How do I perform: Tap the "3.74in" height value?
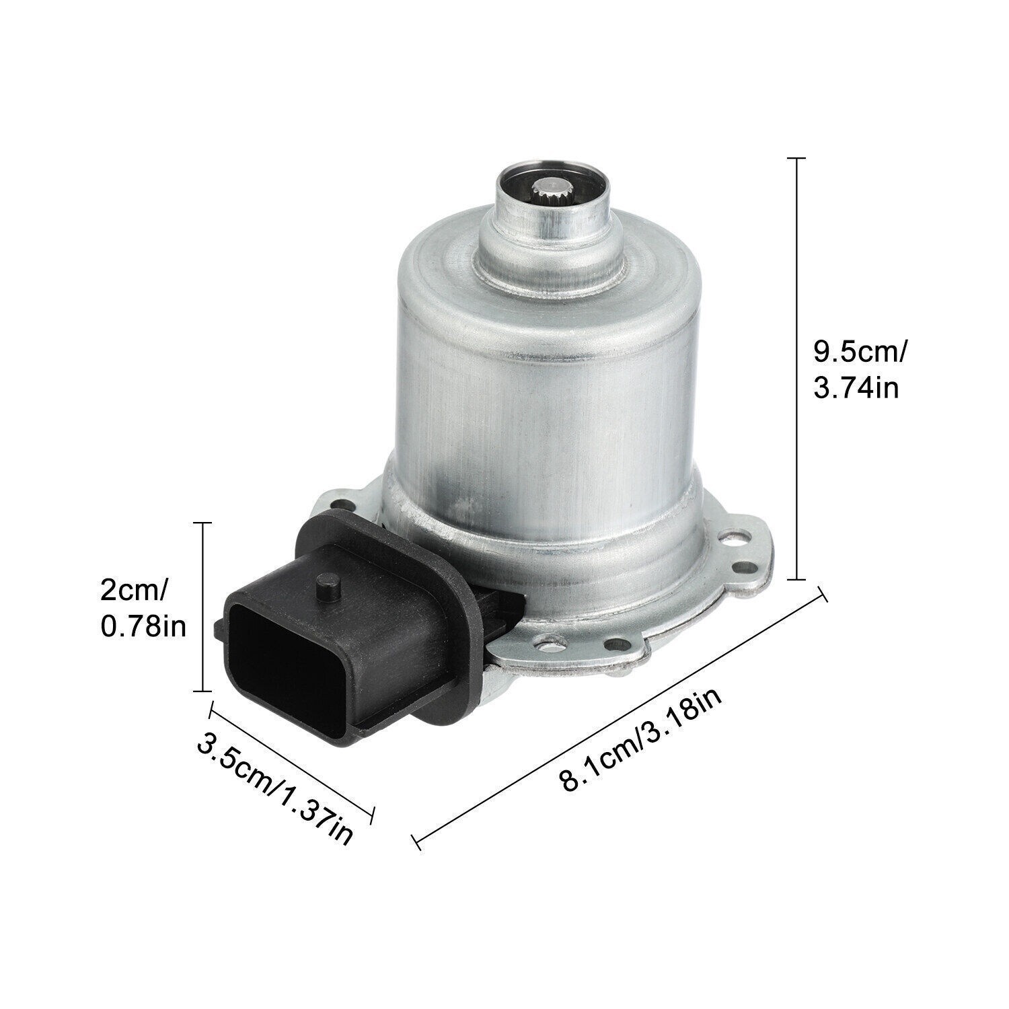click(x=856, y=388)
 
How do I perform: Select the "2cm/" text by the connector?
click(x=134, y=591)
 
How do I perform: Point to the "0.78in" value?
click(x=143, y=627)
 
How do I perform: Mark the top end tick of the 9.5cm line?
click(x=796, y=157)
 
